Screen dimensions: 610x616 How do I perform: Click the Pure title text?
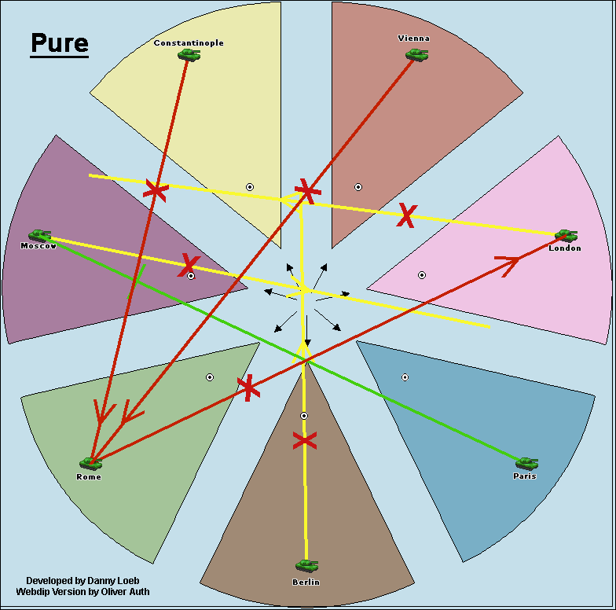pyautogui.click(x=59, y=43)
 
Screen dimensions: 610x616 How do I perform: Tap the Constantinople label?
pyautogui.click(x=189, y=42)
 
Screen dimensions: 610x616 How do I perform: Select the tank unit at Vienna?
pyautogui.click(x=416, y=54)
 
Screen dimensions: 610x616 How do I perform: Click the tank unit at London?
pyautogui.click(x=566, y=235)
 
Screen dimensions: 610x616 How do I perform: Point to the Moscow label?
pyautogui.click(x=38, y=246)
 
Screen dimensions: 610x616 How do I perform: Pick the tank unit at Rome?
pyautogui.click(x=90, y=464)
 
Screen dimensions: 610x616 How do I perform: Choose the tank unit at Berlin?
pyautogui.click(x=306, y=565)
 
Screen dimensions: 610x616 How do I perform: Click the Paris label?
pyautogui.click(x=524, y=476)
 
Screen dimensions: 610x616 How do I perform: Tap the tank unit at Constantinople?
pyautogui.click(x=189, y=54)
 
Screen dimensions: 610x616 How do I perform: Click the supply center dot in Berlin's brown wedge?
pyautogui.click(x=304, y=415)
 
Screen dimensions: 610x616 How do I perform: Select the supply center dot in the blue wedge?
pyautogui.click(x=405, y=377)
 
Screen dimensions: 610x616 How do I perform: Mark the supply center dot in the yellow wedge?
pyautogui.click(x=250, y=187)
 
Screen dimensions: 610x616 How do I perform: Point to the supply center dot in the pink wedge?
pyautogui.click(x=421, y=275)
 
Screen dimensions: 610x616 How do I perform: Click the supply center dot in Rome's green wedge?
pyautogui.click(x=210, y=377)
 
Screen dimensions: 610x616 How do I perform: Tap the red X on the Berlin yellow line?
pyautogui.click(x=304, y=440)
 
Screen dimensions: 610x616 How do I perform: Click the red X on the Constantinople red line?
pyautogui.click(x=156, y=190)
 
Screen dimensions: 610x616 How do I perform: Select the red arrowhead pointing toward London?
pyautogui.click(x=508, y=263)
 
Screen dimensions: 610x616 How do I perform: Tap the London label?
pyautogui.click(x=565, y=248)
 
